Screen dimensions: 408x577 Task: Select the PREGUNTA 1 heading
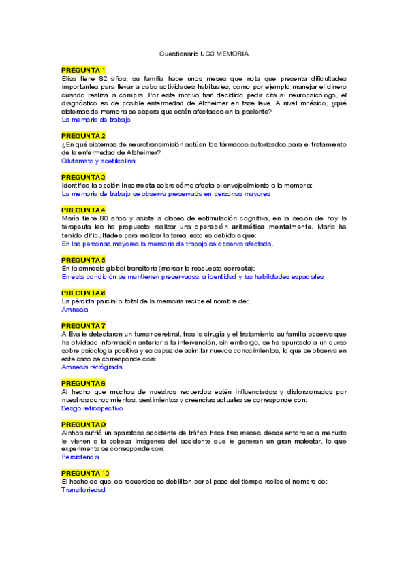83,70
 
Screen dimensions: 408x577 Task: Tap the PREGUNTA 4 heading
83,210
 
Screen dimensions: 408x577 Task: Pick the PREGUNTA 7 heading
83,325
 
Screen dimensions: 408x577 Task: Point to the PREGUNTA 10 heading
85,473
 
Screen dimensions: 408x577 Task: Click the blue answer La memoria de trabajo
95,120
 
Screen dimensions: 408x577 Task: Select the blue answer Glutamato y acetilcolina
98,161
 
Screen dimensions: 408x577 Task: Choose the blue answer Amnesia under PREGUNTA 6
75,309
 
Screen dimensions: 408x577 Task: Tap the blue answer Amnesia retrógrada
92,367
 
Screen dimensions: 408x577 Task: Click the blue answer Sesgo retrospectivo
92,408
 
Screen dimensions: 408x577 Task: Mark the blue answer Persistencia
80,457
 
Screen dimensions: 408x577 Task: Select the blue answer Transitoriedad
83,490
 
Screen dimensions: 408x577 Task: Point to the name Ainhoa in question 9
72,433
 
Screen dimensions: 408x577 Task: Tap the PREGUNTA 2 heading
83,136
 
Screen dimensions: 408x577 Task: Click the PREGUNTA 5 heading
83,260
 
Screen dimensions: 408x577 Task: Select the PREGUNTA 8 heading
83,383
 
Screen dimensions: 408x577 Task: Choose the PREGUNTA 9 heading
83,425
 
